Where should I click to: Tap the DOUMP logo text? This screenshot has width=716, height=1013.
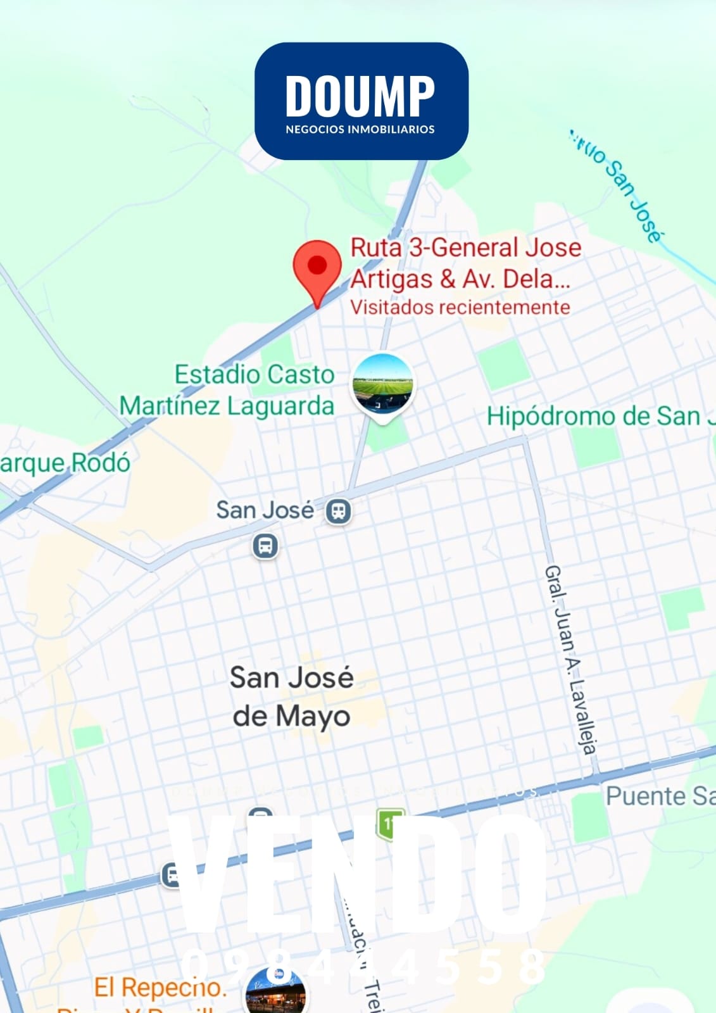tap(360, 96)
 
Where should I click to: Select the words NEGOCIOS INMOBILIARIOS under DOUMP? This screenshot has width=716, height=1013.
tap(360, 129)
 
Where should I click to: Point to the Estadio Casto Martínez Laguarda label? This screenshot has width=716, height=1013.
tap(227, 390)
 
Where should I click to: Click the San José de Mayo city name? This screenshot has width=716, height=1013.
tap(291, 696)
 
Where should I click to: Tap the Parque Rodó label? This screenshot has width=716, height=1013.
tap(65, 463)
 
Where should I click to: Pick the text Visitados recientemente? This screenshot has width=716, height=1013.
tap(460, 308)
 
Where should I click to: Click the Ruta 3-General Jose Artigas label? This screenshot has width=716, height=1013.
tap(465, 262)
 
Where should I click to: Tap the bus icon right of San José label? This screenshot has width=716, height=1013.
tap(339, 510)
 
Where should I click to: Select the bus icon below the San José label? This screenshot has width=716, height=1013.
tap(265, 545)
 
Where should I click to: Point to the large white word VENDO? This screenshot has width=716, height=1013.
tap(361, 874)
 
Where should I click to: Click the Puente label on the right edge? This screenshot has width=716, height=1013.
tap(658, 796)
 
